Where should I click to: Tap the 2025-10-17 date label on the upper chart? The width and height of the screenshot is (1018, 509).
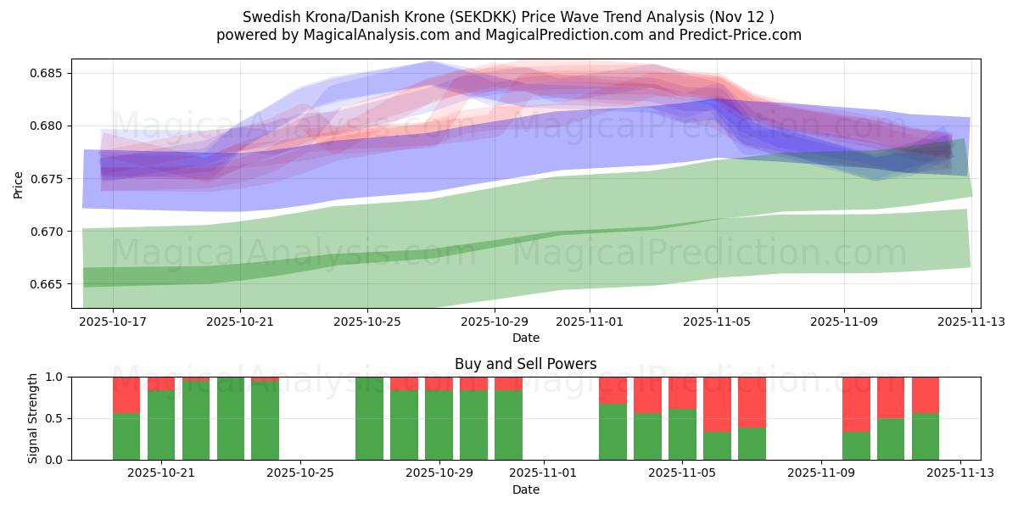click(x=113, y=322)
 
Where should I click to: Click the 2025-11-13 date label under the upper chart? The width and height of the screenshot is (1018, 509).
click(x=971, y=322)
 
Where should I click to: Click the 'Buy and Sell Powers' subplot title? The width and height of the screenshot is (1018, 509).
click(x=525, y=364)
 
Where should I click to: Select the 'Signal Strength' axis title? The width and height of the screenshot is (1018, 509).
click(x=33, y=418)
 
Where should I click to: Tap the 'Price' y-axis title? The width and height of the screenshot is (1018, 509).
click(x=19, y=184)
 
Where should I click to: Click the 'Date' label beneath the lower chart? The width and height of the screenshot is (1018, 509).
click(x=525, y=489)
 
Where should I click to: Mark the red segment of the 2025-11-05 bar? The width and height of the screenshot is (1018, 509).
click(x=682, y=393)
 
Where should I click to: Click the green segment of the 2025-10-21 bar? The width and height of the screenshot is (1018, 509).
click(x=161, y=425)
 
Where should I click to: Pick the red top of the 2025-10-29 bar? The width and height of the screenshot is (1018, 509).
click(x=439, y=383)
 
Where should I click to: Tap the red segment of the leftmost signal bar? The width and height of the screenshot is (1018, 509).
click(x=126, y=394)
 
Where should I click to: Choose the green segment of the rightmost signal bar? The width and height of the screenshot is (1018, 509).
click(x=926, y=436)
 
